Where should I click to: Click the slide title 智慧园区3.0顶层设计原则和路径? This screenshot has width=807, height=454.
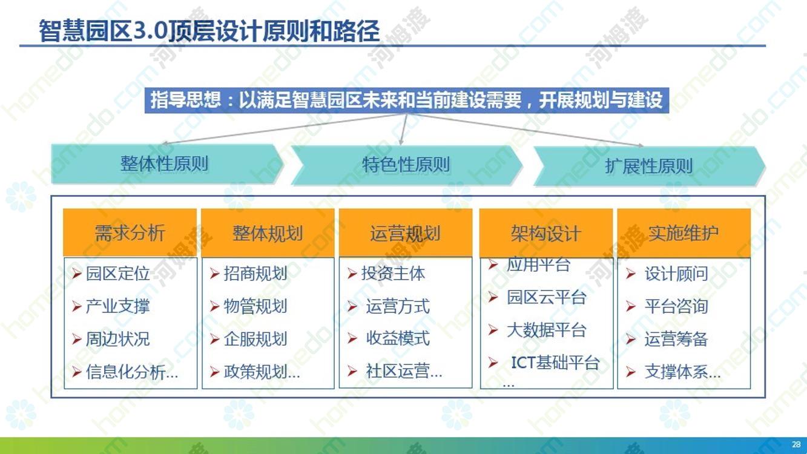point(209,30)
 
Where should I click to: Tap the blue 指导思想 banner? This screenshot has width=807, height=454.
point(407,100)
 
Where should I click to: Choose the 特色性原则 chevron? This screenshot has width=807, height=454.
point(406,165)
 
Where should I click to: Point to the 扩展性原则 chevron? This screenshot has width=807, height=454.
point(649,166)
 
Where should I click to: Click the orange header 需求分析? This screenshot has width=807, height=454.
point(130,233)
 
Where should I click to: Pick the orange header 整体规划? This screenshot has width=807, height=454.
point(268,233)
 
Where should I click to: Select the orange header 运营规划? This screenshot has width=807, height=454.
point(405,233)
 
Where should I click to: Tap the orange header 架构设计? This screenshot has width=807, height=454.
point(546,233)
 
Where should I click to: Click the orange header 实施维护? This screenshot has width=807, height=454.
point(683,233)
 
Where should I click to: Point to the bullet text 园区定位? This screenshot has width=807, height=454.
point(118,274)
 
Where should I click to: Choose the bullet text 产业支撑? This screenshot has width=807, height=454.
point(118,306)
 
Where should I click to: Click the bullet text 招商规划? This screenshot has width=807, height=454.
point(255,274)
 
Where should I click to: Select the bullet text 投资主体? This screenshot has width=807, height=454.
point(393,274)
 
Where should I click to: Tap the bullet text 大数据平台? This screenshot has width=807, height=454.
point(547,330)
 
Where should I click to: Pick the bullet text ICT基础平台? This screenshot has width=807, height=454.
point(555,363)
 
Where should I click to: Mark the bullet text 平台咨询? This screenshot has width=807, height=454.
point(676,306)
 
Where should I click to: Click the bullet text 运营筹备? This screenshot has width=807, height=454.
point(676,339)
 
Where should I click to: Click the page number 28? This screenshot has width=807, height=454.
point(796,444)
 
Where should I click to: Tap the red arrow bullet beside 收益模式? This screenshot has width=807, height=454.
point(352,338)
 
